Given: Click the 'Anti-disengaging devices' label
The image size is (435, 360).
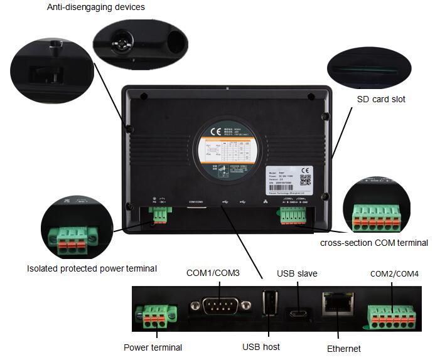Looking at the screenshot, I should pos(96,7).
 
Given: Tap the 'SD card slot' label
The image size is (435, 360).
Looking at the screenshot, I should pos(381,99).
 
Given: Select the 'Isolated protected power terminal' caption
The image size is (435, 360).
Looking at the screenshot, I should pos(92,268).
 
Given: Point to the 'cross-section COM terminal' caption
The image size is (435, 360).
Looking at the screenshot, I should pos(374,243).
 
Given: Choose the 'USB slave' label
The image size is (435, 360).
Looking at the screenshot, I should pos(297,273).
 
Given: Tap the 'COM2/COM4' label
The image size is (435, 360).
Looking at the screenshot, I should pos(394,273).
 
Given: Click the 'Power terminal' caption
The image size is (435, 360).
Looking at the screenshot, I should pos(153,347).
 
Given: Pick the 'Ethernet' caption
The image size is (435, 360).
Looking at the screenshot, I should pos(344,349).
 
